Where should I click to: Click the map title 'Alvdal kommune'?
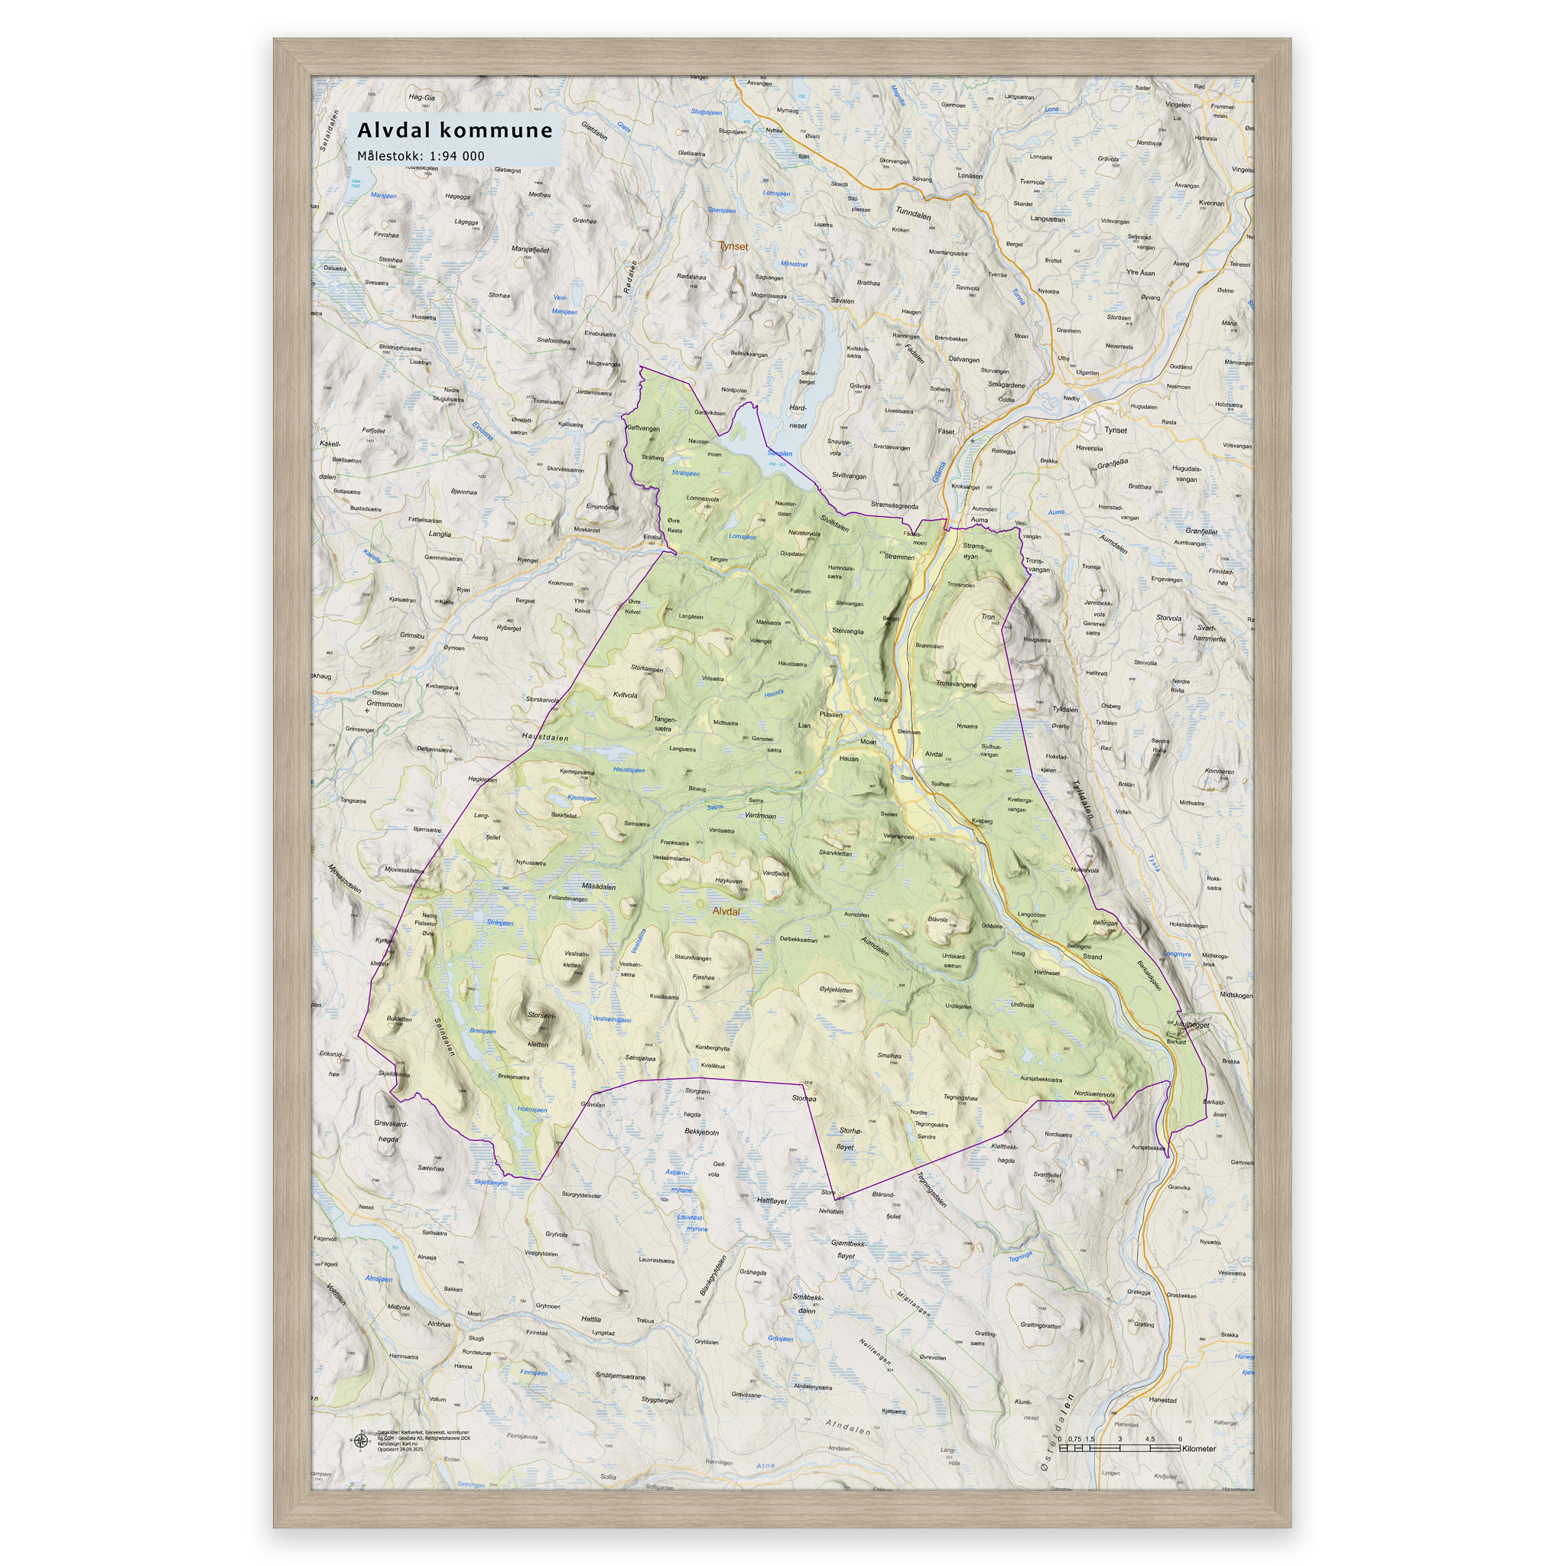(x=455, y=131)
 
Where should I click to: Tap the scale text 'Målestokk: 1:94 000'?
(x=421, y=156)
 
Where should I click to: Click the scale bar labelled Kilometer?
(x=1119, y=1447)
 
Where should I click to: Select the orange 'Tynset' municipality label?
(x=733, y=246)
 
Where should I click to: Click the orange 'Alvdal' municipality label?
(x=726, y=911)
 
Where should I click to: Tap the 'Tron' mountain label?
(x=987, y=617)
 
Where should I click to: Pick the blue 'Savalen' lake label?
(x=779, y=454)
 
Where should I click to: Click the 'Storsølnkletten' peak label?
(x=539, y=1028)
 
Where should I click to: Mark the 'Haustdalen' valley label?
(x=544, y=738)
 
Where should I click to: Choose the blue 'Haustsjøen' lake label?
(x=629, y=769)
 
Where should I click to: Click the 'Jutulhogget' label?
(x=1191, y=1025)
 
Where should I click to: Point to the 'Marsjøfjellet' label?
(x=530, y=249)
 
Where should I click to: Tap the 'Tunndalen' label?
(x=913, y=213)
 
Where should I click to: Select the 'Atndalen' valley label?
(x=847, y=1427)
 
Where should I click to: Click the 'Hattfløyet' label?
(x=772, y=1200)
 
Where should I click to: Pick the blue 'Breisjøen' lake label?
(x=482, y=1031)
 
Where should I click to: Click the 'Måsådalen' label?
(x=598, y=887)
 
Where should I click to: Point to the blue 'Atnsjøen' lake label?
(x=379, y=1279)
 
